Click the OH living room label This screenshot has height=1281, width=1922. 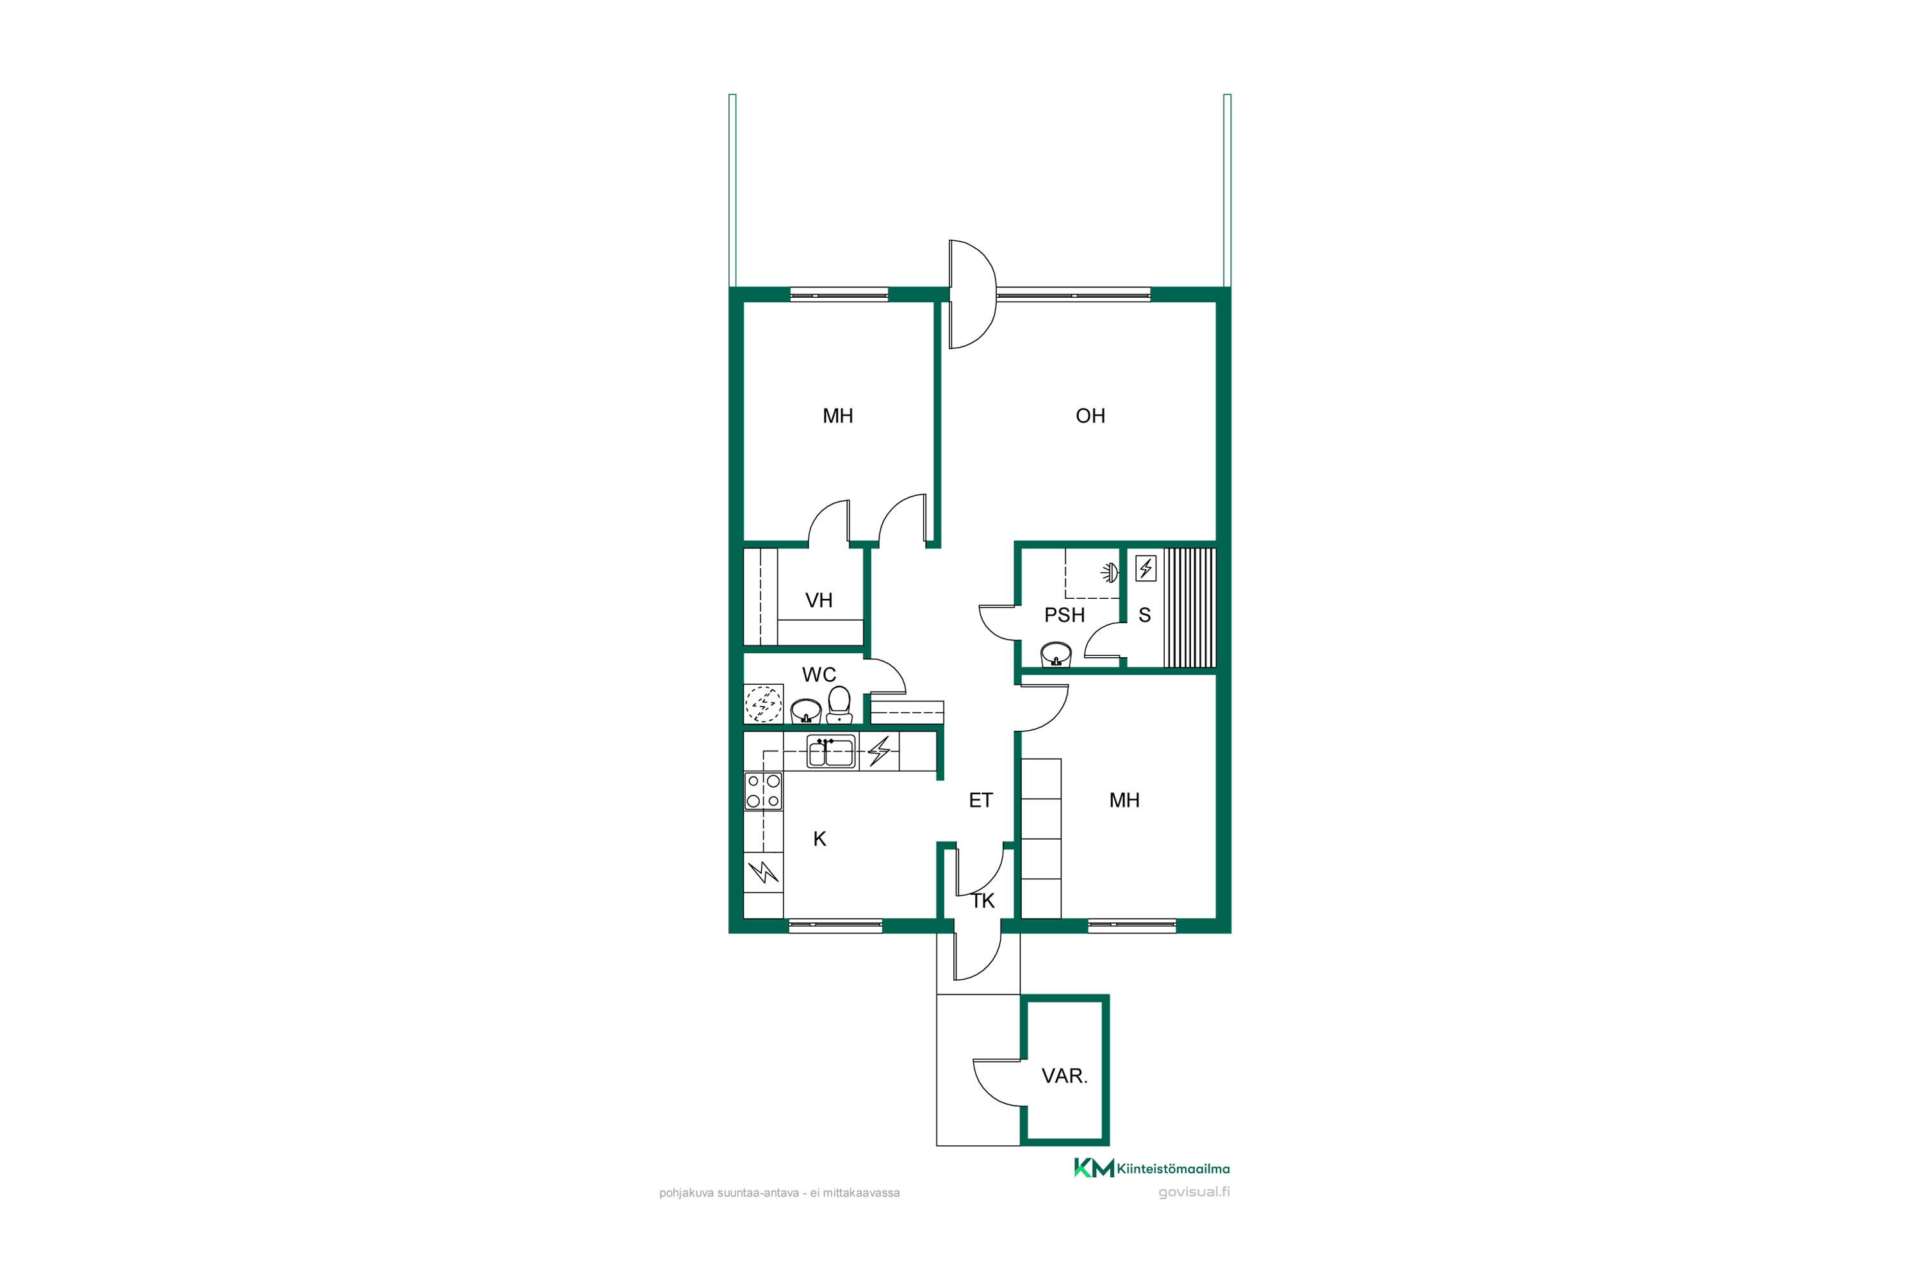tap(1090, 416)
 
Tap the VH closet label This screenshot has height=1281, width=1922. tap(819, 601)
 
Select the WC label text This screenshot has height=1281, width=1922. tap(819, 675)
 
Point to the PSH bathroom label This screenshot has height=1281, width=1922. tap(1064, 615)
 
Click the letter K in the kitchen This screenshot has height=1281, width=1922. tap(819, 839)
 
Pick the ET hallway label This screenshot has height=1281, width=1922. tap(981, 801)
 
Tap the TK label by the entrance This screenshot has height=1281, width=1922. tap(983, 901)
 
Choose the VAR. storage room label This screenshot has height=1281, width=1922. tap(1064, 1076)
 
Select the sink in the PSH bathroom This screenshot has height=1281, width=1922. tap(1056, 655)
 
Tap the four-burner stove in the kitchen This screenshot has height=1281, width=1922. tap(762, 791)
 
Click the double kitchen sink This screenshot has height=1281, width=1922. tap(831, 751)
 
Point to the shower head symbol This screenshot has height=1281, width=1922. tap(1109, 572)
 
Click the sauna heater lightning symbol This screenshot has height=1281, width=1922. tap(1146, 567)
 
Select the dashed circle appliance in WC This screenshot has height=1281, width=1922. tap(763, 704)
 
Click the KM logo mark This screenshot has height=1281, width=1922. tap(1094, 1168)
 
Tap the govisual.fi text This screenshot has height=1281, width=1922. tap(1194, 1192)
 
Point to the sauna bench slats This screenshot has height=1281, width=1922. tap(1190, 608)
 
